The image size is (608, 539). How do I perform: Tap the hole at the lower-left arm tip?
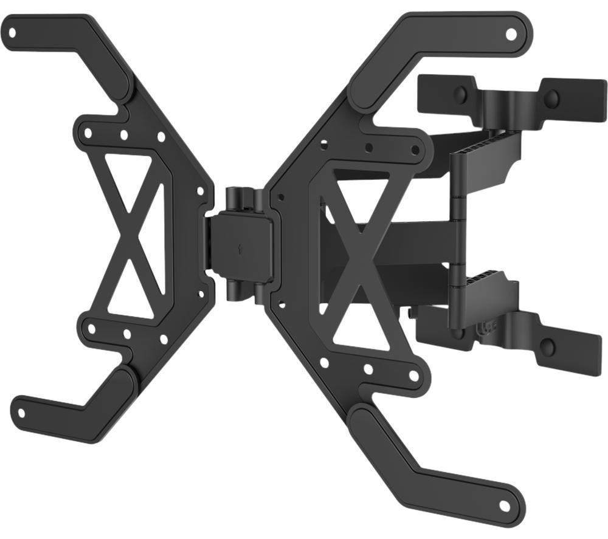pyautogui.click(x=22, y=413)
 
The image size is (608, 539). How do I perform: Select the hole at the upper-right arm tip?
pyautogui.click(x=511, y=33)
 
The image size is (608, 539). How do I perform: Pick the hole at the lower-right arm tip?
pyautogui.click(x=504, y=506)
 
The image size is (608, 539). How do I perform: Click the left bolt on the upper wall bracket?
pyautogui.click(x=461, y=94)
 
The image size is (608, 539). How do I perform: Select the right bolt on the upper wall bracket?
pyautogui.click(x=551, y=98)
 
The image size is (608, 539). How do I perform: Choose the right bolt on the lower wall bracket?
pyautogui.click(x=547, y=348)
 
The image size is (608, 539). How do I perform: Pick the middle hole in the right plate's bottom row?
pyautogui.click(x=368, y=369)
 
